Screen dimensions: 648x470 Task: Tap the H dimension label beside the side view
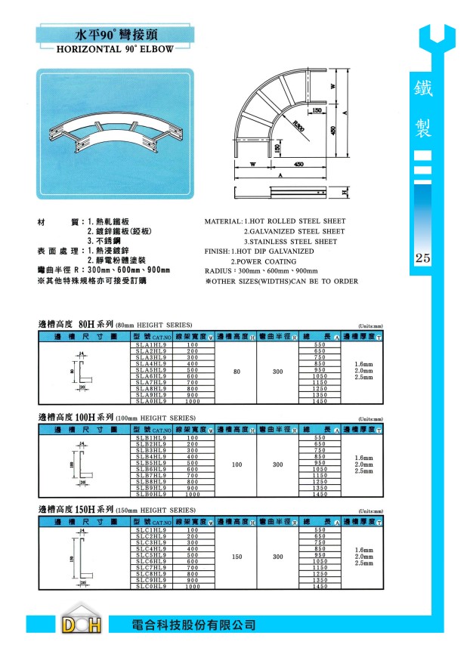point(343,193)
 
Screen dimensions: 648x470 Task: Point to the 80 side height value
point(237,372)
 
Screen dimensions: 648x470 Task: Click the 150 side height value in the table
point(237,557)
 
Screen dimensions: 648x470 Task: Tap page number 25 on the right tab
point(422,259)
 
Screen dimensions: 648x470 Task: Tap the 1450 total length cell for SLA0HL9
point(320,401)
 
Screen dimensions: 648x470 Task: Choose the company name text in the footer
point(193,625)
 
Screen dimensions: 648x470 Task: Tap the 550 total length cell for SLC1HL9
point(320,531)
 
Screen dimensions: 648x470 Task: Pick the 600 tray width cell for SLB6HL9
point(192,469)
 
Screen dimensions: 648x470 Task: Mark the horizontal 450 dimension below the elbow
point(298,164)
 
